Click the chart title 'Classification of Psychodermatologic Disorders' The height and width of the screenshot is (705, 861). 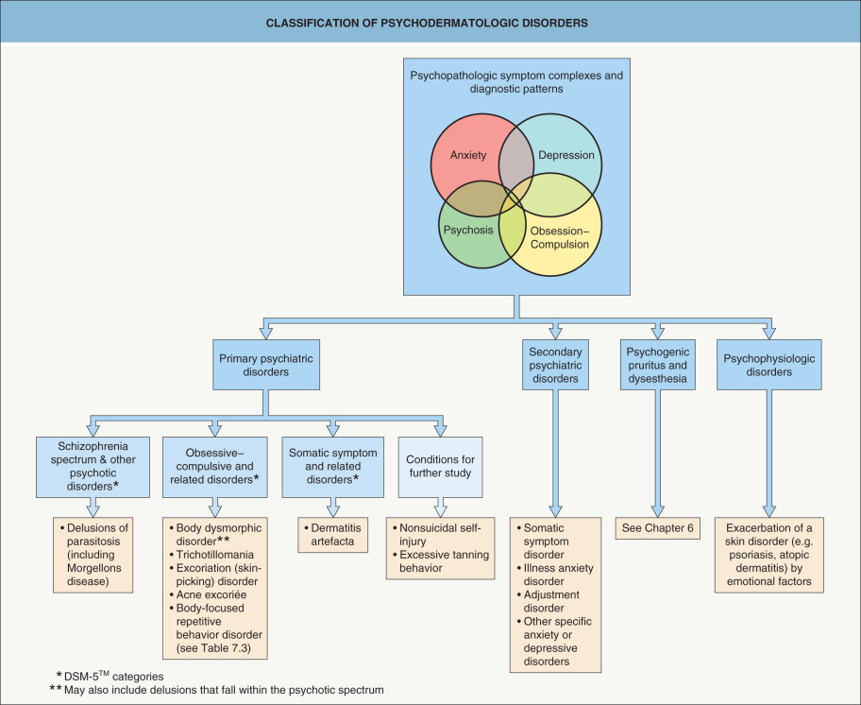coord(430,21)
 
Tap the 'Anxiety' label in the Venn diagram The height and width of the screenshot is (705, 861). coord(468,156)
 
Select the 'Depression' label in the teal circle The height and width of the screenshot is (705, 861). coord(566,156)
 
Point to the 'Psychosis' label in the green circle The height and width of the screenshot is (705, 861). coord(468,229)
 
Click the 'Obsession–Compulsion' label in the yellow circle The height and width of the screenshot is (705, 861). coord(560,237)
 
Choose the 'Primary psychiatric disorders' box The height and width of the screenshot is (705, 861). coord(267,365)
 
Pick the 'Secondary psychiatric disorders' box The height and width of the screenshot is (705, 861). coord(556,365)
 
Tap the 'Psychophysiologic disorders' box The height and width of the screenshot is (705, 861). coord(770,365)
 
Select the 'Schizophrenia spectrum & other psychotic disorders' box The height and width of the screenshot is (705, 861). coord(92,466)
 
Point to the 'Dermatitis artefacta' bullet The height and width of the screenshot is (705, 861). coord(333,534)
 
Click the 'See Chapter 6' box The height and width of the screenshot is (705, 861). coord(659,527)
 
